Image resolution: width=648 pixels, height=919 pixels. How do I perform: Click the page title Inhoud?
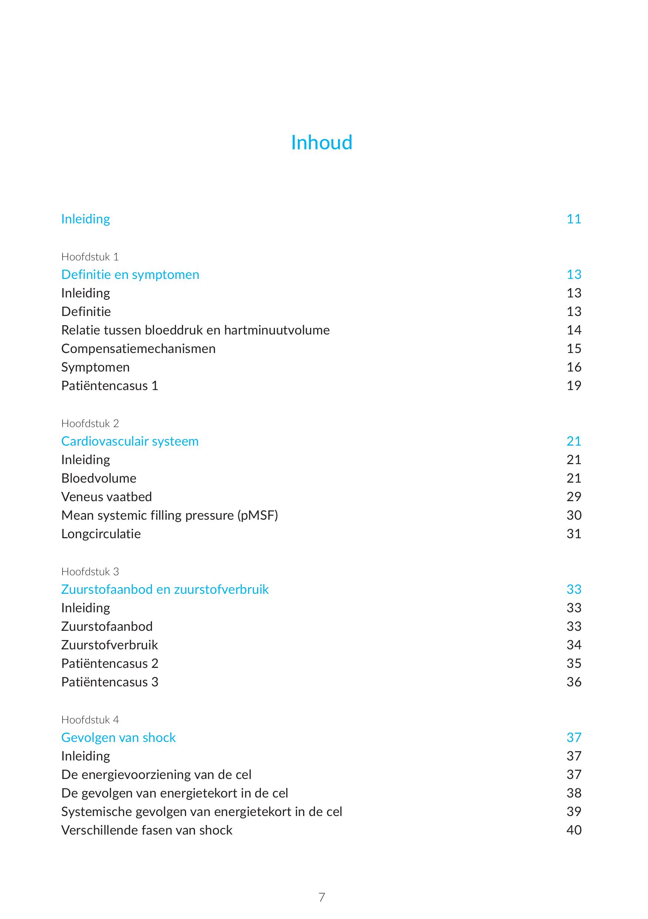pos(321,143)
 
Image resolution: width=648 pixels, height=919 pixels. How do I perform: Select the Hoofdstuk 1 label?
pos(90,257)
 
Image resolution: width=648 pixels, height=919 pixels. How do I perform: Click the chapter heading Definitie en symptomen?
pos(130,274)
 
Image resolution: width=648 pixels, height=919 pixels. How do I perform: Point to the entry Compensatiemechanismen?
pos(138,349)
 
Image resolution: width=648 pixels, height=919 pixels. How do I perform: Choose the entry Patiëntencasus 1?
pos(110,386)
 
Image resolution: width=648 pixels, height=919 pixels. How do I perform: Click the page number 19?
pos(574,386)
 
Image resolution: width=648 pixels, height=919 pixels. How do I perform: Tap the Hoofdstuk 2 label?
pos(90,423)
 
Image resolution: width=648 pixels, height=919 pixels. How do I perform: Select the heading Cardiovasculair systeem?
pos(130,441)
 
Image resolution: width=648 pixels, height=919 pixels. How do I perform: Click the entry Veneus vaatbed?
pos(106,497)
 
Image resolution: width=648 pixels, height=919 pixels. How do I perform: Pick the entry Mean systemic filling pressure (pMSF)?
pos(169,515)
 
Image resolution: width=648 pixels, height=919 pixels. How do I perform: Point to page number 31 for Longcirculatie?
pos(574,533)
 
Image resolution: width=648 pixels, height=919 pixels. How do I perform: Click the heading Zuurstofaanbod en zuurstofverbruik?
pos(165,589)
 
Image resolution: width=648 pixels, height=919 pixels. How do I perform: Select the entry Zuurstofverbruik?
pos(109,645)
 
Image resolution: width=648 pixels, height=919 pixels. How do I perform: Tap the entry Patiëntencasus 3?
pos(110,682)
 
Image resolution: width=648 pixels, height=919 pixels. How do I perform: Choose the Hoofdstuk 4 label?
pos(90,720)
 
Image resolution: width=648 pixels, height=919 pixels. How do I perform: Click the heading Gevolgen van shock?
pos(119,737)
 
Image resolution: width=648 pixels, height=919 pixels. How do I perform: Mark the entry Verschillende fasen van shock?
pos(146,830)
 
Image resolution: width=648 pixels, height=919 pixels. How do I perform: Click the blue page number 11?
pos(574,219)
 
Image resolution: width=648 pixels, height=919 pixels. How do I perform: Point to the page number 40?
pos(574,830)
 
